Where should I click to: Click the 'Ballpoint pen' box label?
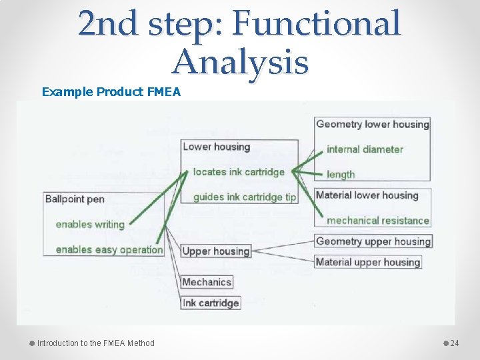coord(75,199)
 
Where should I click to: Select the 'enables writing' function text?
coord(90,224)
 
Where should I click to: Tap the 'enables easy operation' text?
coord(109,249)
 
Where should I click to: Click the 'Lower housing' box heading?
coord(216,147)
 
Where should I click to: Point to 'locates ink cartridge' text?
coord(239,172)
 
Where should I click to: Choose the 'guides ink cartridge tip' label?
coord(244,197)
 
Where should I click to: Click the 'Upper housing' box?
coord(216,251)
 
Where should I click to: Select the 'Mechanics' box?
coord(207,282)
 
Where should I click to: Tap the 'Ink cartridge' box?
coord(210,303)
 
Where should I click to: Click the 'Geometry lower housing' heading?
coord(372,124)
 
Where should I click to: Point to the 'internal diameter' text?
coord(365,149)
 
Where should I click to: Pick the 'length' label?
coord(341,175)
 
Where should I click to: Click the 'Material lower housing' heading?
coord(367,195)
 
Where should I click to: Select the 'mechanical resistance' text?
coord(377,221)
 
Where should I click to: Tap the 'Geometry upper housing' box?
coord(373,241)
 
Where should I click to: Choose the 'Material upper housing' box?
coord(367,262)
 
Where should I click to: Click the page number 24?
coord(455,343)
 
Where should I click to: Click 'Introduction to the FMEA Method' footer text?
coord(95,343)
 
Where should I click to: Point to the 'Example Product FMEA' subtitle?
coord(111,91)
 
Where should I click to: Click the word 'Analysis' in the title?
coord(240,62)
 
